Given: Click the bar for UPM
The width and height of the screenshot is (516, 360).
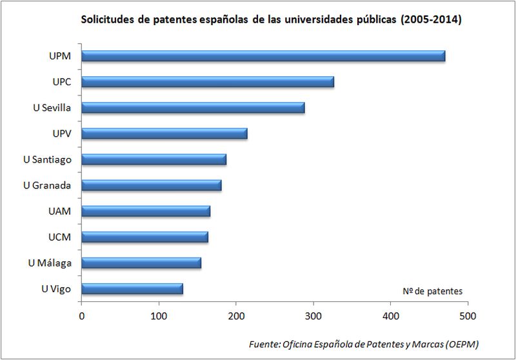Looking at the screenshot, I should (x=263, y=56).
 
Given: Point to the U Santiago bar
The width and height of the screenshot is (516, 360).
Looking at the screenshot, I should (x=154, y=159).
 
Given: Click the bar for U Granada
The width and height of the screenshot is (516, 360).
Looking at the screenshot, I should (x=152, y=185).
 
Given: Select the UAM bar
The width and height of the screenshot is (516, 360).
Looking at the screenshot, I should (x=146, y=211).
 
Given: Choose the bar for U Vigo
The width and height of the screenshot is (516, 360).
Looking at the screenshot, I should (x=132, y=288).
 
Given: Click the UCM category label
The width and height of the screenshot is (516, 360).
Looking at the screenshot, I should (x=59, y=237).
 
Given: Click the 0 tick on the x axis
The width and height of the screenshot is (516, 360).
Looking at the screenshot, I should (x=82, y=316).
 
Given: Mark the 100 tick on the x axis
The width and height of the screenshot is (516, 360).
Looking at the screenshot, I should (x=159, y=316).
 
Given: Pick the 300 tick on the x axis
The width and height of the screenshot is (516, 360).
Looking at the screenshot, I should (x=313, y=316).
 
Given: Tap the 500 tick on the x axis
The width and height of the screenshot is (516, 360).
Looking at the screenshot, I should (x=468, y=316).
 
